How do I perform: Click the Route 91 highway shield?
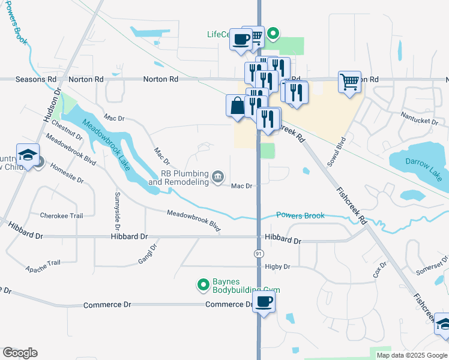[x=259, y=254]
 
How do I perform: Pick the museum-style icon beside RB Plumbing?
[x=218, y=176]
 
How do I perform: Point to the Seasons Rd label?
[x=35, y=79]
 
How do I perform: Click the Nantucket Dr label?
[x=421, y=121]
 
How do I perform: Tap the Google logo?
[x=20, y=353]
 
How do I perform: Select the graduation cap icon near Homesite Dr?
[x=28, y=155]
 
